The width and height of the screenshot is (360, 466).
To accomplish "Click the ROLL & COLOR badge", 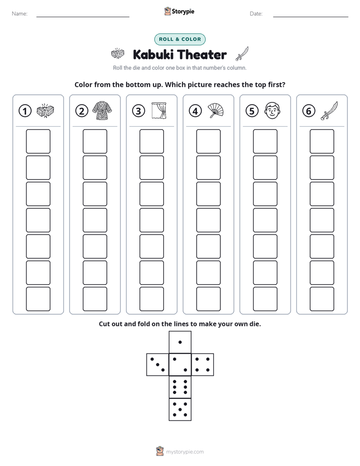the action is point(179,39).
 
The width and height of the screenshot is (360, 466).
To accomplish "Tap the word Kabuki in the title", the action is point(154,54).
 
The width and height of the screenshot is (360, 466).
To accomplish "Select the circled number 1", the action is point(25,111).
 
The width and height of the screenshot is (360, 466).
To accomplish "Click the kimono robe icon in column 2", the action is point(102,110).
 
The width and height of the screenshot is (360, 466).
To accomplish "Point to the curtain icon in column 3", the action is point(159,110).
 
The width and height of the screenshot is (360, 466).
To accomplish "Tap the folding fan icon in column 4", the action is point(215,110).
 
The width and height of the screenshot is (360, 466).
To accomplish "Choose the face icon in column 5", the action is point(272,110).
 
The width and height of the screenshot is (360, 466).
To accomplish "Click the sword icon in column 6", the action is point(329,110).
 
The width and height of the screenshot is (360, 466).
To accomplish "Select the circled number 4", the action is point(195,111).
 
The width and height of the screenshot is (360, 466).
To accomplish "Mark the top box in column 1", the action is point(38,141).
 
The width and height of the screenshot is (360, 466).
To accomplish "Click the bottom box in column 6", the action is point(322,299).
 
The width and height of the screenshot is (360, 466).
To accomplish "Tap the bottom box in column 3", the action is point(151,299).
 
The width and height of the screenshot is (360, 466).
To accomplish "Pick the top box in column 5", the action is point(265,141).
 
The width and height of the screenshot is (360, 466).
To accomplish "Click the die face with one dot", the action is point(180,342).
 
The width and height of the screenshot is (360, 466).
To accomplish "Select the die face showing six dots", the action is point(180,387).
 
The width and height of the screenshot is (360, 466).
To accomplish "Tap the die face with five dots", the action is point(180,410).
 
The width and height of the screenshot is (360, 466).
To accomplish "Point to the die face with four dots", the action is point(203,365).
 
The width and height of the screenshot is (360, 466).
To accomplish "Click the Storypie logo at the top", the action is point(179,11).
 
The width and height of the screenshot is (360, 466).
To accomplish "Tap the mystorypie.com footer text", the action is point(185,452).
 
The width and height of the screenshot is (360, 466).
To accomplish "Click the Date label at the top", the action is point(256,14).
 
